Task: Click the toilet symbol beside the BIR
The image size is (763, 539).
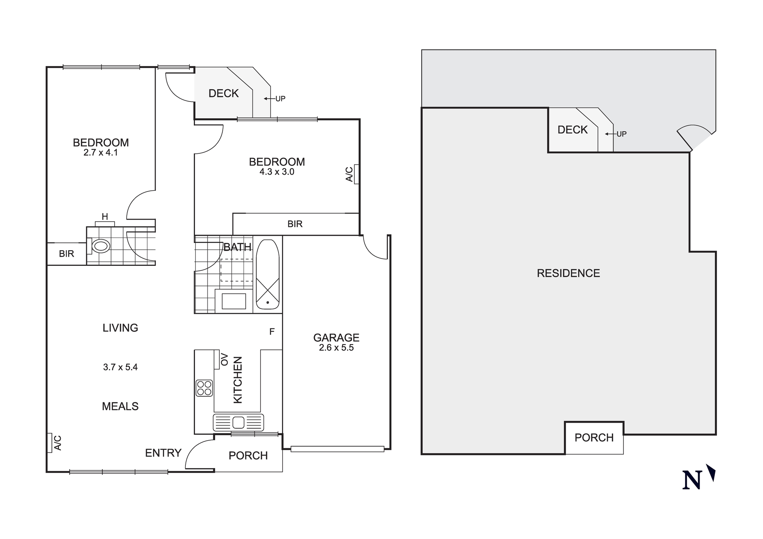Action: pos(101,246)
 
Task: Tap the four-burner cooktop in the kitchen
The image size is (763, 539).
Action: pos(204,388)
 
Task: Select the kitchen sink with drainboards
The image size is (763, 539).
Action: pos(238,423)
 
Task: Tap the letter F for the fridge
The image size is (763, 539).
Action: pos(272,331)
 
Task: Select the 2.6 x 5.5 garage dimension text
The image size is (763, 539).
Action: pos(336,348)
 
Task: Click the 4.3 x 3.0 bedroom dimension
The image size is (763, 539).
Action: pos(277,172)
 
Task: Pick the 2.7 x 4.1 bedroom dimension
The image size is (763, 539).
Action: pos(101,153)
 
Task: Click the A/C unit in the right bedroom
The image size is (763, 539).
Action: pos(356,174)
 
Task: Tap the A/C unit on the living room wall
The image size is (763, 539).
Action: pos(50,443)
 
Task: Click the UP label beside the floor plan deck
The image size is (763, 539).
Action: pos(280,99)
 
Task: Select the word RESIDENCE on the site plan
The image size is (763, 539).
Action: pos(568,273)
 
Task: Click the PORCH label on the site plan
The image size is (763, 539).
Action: pos(594,438)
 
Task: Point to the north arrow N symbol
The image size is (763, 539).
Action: pos(692,480)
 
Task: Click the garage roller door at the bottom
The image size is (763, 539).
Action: pos(337,449)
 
